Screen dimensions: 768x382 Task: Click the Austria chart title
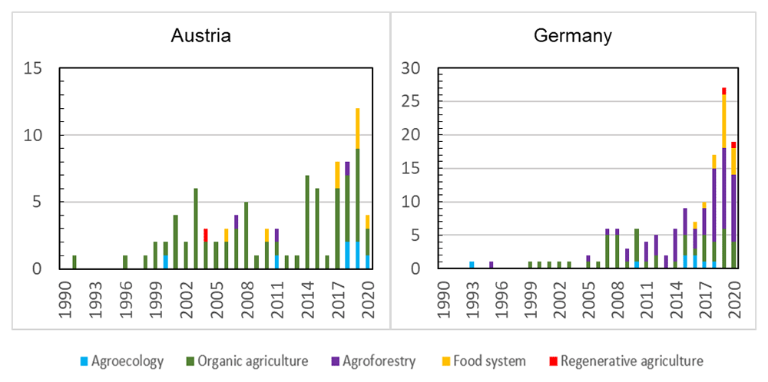(200, 36)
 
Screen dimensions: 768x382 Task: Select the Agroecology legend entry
(121, 361)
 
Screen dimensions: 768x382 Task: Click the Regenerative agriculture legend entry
(626, 361)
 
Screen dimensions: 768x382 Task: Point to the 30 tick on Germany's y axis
(421, 68)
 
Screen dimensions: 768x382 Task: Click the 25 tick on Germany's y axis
(421, 102)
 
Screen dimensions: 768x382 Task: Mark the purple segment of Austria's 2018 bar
(347, 169)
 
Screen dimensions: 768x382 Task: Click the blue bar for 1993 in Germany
(472, 265)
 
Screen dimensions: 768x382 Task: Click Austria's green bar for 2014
(307, 222)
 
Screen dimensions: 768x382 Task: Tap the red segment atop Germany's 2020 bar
(733, 145)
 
